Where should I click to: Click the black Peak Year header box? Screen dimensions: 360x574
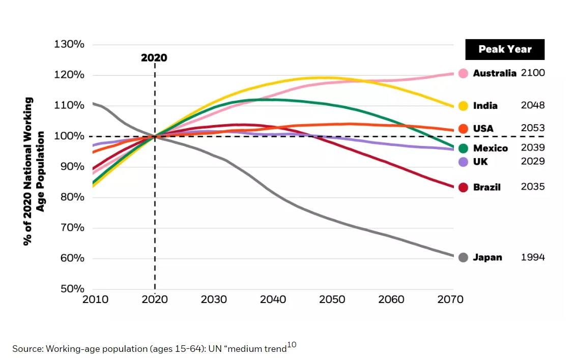coord(505,49)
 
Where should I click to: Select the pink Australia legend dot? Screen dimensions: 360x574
coord(463,73)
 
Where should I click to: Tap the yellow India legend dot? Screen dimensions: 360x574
coord(463,106)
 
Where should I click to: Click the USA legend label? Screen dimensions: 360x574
coord(483,129)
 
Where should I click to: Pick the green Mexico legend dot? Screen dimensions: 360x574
coord(463,148)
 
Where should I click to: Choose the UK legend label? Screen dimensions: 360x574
coord(480,162)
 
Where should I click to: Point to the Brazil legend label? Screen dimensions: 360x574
coord(486,187)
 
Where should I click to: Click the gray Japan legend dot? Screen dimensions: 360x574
coord(463,257)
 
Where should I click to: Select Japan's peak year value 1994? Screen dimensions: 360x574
coord(533,257)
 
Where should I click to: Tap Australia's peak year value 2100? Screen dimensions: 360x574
coord(533,73)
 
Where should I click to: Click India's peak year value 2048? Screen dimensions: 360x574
coord(533,105)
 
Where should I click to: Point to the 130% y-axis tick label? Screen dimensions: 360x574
coord(69,44)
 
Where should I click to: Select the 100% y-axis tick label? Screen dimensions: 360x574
coord(69,136)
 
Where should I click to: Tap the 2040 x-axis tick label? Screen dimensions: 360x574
coord(273,299)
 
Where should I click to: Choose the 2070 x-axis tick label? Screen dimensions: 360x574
coord(450,299)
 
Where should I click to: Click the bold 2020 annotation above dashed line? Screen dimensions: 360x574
coord(154,58)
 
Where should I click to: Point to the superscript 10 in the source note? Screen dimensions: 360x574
coord(292,345)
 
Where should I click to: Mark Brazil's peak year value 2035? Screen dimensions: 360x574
coord(533,187)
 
